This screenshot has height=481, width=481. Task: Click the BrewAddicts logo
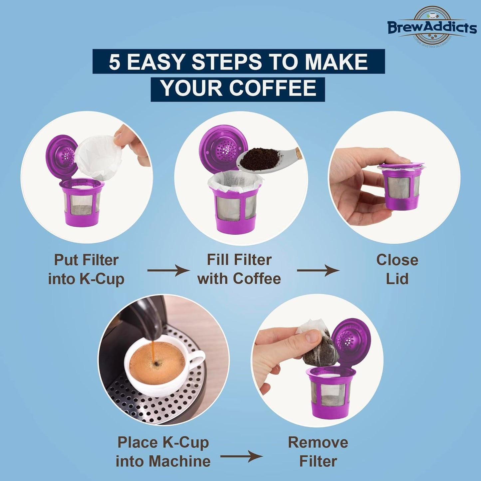(x=432, y=27)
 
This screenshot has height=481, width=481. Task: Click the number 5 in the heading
(x=114, y=62)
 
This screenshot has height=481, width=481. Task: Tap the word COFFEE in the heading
(x=272, y=89)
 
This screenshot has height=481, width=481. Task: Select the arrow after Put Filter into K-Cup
(x=168, y=270)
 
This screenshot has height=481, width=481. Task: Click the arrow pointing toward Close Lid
(x=318, y=270)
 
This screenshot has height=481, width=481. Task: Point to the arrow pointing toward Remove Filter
(x=241, y=456)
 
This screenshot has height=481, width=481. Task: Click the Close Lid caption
(x=397, y=269)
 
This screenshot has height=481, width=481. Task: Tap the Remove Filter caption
(x=318, y=452)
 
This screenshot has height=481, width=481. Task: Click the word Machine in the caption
(x=179, y=461)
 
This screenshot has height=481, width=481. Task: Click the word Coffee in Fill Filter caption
(x=257, y=279)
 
